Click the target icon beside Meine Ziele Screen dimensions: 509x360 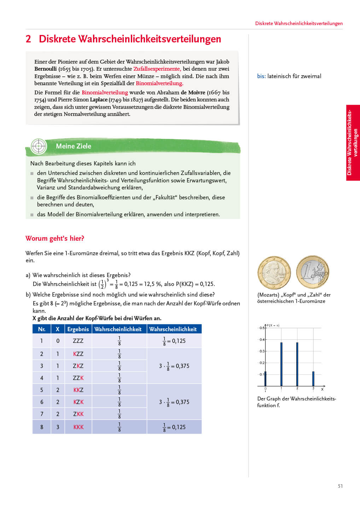pyautogui.click(x=39, y=146)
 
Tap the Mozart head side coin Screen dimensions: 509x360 pyautogui.click(x=274, y=273)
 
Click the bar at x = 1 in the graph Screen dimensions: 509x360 pyautogui.click(x=281, y=364)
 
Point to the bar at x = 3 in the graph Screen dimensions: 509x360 pyautogui.click(x=313, y=379)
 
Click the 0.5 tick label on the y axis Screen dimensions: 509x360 pyautogui.click(x=262, y=328)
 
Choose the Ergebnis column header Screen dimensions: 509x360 pyautogui.click(x=78, y=329)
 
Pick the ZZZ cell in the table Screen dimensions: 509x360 pyautogui.click(x=78, y=341)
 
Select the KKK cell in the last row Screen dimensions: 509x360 pyautogui.click(x=79, y=427)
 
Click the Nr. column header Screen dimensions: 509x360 pyautogui.click(x=42, y=329)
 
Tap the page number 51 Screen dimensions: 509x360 pyautogui.click(x=340, y=486)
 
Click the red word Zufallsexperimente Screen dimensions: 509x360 pyautogui.click(x=157, y=69)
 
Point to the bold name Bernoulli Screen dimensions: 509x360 pyautogui.click(x=45, y=69)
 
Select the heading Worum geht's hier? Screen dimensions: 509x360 pyautogui.click(x=55, y=239)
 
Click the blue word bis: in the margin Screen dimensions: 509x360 pyautogui.click(x=261, y=76)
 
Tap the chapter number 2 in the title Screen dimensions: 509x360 pyautogui.click(x=28, y=39)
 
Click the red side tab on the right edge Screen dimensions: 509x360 pyautogui.click(x=353, y=143)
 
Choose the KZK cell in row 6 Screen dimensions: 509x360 pyautogui.click(x=79, y=402)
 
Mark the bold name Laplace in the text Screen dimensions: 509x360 pyautogui.click(x=99, y=100)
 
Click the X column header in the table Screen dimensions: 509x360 pyautogui.click(x=58, y=329)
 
